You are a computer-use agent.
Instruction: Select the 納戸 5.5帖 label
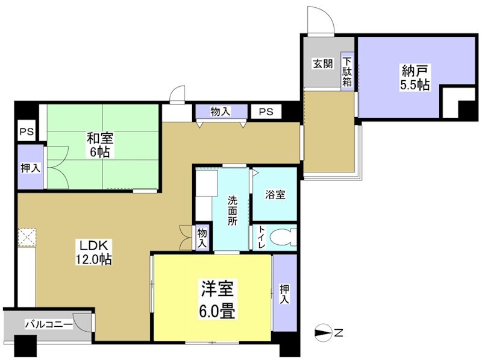(415, 77)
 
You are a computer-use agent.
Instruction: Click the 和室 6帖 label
(99, 145)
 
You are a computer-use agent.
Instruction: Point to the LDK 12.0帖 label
(92, 253)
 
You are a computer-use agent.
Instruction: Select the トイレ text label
(261, 238)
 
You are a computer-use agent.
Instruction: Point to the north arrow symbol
(324, 332)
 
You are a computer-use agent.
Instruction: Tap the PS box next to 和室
(26, 132)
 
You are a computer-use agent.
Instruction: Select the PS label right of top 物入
(266, 112)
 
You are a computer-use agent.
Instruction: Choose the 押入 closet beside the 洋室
(285, 293)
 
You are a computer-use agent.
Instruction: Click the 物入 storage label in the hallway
(220, 112)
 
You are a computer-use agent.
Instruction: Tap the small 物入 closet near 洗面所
(202, 237)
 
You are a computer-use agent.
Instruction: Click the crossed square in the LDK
(27, 238)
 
